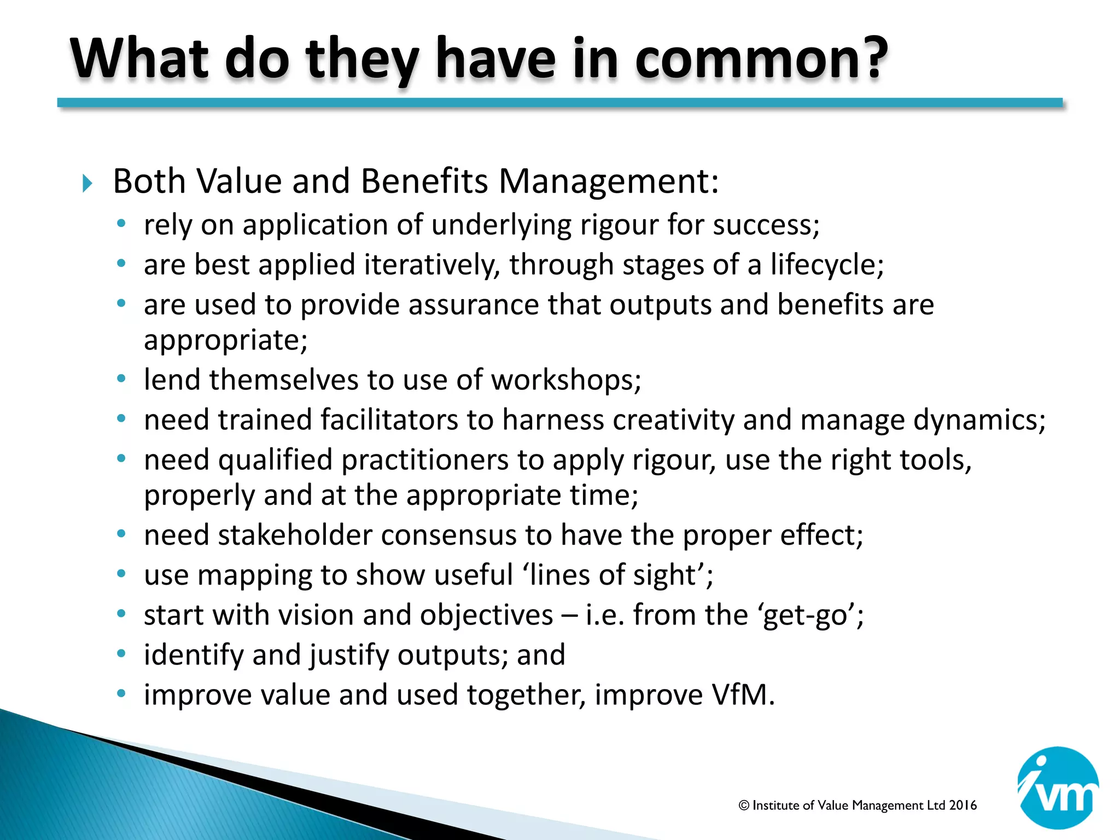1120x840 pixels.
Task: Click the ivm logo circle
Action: click(1058, 787)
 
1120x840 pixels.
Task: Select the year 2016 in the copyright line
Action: click(962, 805)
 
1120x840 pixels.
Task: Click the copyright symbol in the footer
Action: click(743, 806)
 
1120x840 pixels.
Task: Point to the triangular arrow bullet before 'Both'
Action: click(87, 183)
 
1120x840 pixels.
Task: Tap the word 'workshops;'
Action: click(566, 380)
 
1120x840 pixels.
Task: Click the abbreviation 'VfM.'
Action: click(743, 695)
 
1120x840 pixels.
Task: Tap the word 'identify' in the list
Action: click(193, 655)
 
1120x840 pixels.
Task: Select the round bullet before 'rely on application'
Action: click(121, 224)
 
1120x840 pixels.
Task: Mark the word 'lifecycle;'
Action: click(827, 265)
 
